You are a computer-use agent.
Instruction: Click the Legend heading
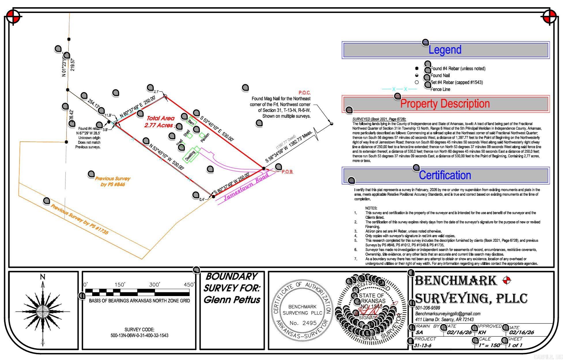tap(445, 50)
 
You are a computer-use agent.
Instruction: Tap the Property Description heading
tap(445, 104)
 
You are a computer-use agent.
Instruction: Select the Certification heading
tap(445, 175)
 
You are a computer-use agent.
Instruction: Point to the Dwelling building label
tap(190, 156)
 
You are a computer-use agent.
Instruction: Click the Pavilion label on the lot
tap(205, 138)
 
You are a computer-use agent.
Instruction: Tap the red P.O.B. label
tap(287, 172)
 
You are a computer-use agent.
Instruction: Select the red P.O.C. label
tap(304, 93)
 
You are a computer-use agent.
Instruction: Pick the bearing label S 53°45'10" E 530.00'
tap(217, 128)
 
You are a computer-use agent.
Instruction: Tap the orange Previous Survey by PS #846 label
tap(113, 181)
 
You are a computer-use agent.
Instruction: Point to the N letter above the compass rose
tap(43, 277)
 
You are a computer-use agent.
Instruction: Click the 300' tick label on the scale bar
tap(154, 285)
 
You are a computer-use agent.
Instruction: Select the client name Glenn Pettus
tap(232, 300)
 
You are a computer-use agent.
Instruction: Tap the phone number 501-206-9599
tap(428, 308)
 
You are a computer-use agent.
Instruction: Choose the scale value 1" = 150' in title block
tap(490, 345)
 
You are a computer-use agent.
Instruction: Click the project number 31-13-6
tap(423, 345)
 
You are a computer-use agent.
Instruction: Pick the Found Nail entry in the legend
tap(440, 75)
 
